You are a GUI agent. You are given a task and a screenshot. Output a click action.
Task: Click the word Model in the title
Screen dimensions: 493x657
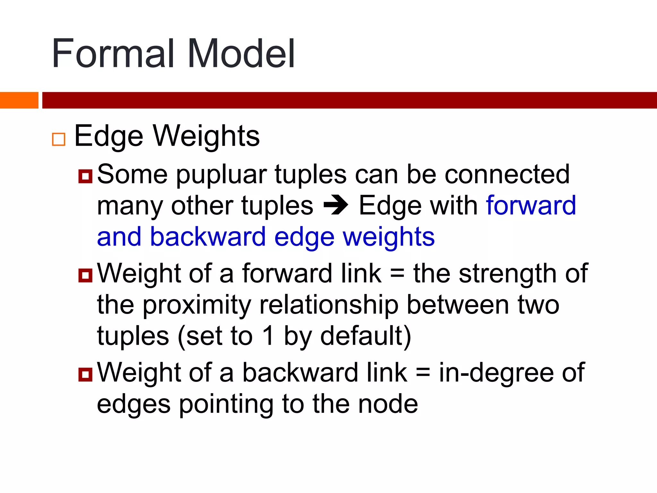coord(241,54)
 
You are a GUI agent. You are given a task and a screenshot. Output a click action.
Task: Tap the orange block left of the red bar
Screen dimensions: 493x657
coord(19,100)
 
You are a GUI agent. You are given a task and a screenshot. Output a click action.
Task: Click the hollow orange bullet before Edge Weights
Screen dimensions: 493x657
coord(59,139)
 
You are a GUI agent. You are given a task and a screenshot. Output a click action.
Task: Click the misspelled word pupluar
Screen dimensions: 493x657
coord(222,175)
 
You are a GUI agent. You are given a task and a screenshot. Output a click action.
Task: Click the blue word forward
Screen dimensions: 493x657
coord(531,205)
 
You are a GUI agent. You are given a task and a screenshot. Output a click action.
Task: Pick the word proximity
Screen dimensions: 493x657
coord(197,305)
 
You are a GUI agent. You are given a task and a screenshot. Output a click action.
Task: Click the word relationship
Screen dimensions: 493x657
coord(329,305)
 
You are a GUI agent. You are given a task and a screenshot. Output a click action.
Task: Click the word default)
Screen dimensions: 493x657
coord(366,336)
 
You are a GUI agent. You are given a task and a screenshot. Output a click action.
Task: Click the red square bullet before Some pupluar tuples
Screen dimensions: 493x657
coord(85,176)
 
